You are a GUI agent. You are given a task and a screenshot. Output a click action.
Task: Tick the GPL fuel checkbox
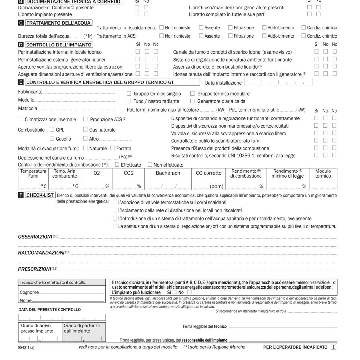pyautogui.click(x=52, y=129)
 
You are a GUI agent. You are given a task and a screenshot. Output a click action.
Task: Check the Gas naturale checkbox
pyautogui.click(x=85, y=129)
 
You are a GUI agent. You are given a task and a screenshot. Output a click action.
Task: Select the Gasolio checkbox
pyautogui.click(x=52, y=138)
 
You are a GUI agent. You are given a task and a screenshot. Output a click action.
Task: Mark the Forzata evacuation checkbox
pyautogui.click(x=112, y=148)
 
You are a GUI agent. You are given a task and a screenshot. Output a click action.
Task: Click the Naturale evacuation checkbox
pyautogui.click(x=85, y=148)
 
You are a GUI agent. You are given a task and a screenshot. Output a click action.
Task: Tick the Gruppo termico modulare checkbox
pyautogui.click(x=192, y=93)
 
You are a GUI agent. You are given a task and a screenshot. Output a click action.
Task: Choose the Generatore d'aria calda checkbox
pyautogui.click(x=192, y=101)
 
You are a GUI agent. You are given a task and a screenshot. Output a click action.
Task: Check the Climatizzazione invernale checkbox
pyautogui.click(x=20, y=119)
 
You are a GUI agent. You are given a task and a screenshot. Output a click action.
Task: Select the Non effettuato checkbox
pyautogui.click(x=150, y=164)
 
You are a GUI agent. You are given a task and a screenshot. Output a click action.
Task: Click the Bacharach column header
pyautogui.click(x=168, y=173)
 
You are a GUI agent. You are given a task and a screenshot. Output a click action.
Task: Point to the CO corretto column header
pyautogui.click(x=208, y=173)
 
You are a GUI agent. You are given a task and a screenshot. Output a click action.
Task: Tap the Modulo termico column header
pyautogui.click(x=323, y=173)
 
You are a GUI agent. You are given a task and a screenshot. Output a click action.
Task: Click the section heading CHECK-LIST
pyautogui.click(x=40, y=195)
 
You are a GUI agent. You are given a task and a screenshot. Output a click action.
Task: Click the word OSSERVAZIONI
pyautogui.click(x=35, y=237)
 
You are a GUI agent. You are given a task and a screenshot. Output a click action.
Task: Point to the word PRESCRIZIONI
pyautogui.click(x=34, y=269)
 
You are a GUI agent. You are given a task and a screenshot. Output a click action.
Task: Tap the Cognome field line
pyautogui.click(x=71, y=293)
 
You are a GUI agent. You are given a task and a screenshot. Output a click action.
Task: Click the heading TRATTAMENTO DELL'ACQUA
pyautogui.click(x=59, y=23)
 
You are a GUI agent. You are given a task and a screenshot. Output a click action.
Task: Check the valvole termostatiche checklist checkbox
pyautogui.click(x=115, y=202)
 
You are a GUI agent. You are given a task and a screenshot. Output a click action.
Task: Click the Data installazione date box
pyautogui.click(x=278, y=82)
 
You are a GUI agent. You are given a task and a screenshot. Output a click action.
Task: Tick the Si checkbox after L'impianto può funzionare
pyautogui.click(x=175, y=292)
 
